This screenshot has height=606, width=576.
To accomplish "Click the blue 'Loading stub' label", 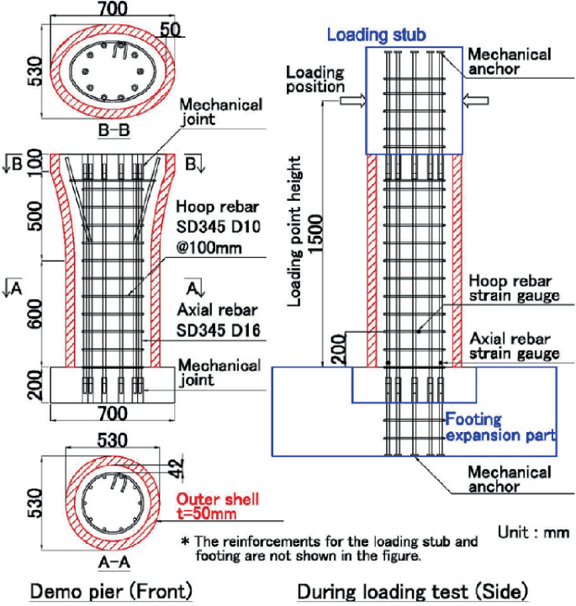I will [x=376, y=35].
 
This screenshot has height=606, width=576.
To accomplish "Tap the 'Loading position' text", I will [x=315, y=79].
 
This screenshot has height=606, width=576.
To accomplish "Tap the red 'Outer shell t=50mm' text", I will [x=219, y=507].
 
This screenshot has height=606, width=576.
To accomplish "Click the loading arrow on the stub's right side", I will [x=472, y=100].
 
